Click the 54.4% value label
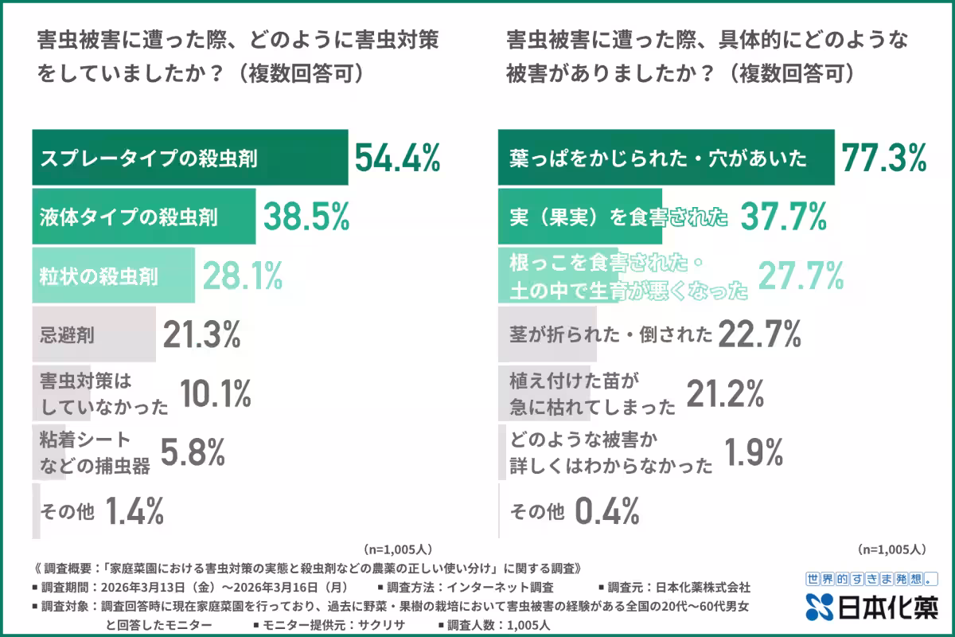coord(396,158)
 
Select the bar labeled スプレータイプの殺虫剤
coord(189,158)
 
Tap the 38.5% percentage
coord(306,216)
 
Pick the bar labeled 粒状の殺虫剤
coord(113,276)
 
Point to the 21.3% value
coord(201,335)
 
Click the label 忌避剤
coord(67,335)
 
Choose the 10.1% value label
coord(216,393)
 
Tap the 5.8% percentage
coord(193,452)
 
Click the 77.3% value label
coord(883,158)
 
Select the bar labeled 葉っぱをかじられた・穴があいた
coord(665,158)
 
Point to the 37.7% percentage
coord(782,216)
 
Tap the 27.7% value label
coord(800,276)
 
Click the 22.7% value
coord(758,335)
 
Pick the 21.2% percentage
coord(724,393)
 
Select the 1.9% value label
coord(754,452)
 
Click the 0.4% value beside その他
coord(606,511)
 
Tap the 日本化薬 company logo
coord(871,607)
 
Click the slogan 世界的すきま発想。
coord(871,579)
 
